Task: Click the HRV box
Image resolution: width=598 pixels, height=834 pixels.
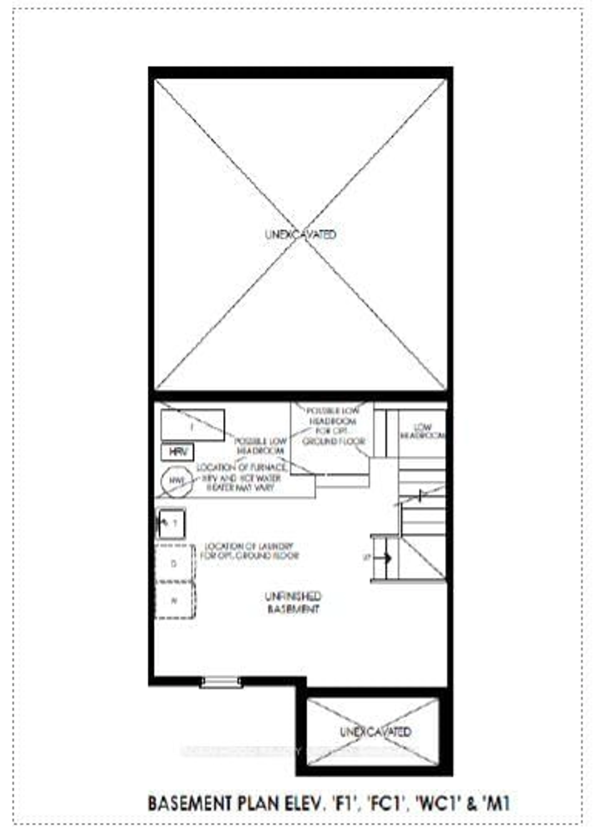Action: pyautogui.click(x=177, y=452)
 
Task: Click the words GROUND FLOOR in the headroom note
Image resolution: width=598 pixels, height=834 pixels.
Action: pyautogui.click(x=334, y=441)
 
